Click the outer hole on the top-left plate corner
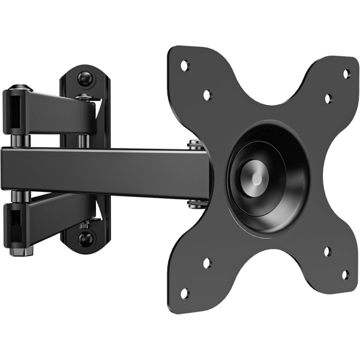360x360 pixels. (184, 63)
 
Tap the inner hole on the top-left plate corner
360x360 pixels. (206, 95)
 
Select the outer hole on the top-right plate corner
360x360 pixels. (346, 73)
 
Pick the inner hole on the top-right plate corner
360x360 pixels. (328, 98)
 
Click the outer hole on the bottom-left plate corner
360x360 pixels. (184, 293)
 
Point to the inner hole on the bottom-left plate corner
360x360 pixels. (206, 262)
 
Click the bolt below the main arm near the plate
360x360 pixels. (194, 205)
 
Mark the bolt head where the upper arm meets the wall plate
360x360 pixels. (85, 96)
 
